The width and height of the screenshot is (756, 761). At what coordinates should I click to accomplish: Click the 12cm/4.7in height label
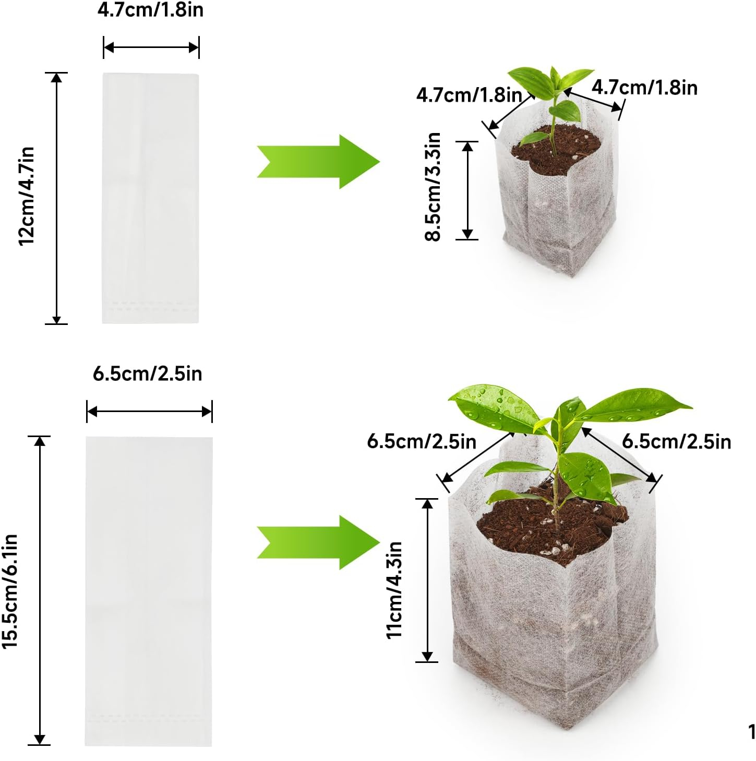pyautogui.click(x=27, y=196)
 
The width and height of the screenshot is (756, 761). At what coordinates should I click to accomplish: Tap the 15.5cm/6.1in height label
pyautogui.click(x=10, y=591)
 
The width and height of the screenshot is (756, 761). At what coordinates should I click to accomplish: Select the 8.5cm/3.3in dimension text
pyautogui.click(x=433, y=187)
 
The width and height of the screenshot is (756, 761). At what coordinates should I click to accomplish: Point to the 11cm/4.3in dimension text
pyautogui.click(x=394, y=590)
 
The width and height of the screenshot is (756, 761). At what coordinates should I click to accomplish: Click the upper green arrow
pyautogui.click(x=318, y=162)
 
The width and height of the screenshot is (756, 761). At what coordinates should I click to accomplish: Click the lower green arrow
pyautogui.click(x=318, y=542)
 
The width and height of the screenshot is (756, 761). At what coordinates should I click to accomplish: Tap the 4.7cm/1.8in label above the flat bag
pyautogui.click(x=151, y=10)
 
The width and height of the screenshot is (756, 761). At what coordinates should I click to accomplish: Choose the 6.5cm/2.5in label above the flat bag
pyautogui.click(x=148, y=373)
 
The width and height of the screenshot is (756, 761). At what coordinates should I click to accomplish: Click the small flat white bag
pyautogui.click(x=151, y=198)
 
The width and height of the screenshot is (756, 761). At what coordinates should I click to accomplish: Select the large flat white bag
pyautogui.click(x=149, y=591)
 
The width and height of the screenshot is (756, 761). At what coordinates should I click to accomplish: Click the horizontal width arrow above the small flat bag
pyautogui.click(x=151, y=48)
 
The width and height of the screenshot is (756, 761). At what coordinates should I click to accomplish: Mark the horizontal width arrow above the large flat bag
pyautogui.click(x=149, y=412)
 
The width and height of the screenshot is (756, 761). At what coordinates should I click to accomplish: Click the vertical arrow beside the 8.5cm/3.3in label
pyautogui.click(x=467, y=190)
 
